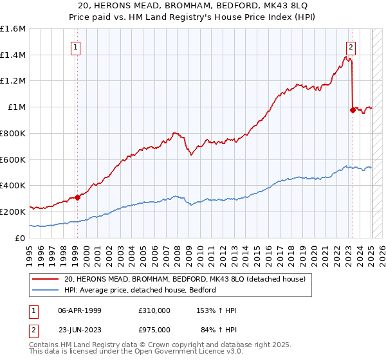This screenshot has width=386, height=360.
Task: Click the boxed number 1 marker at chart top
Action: tap(76, 46)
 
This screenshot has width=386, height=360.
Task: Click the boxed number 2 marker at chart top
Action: tap(351, 46)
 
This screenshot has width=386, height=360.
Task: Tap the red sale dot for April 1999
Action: tap(77, 197)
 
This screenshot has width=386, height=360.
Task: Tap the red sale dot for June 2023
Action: tap(353, 110)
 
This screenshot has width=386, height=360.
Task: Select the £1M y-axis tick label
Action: tap(16, 107)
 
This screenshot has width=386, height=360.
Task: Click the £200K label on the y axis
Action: tap(13, 212)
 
